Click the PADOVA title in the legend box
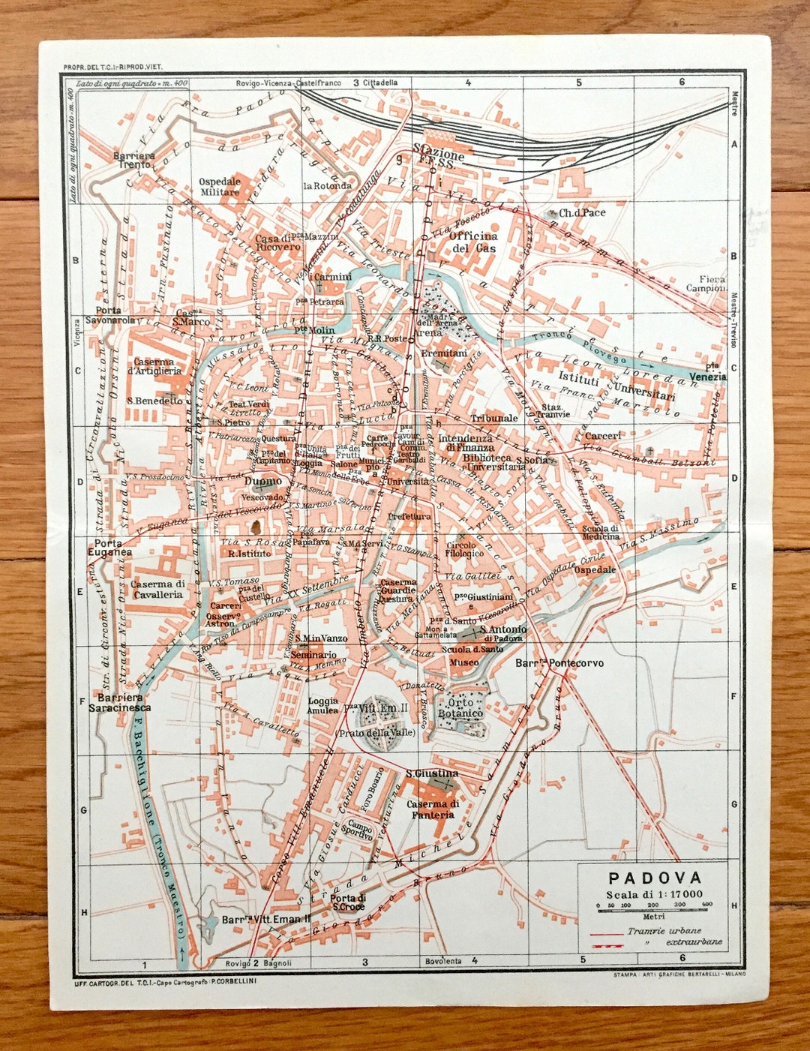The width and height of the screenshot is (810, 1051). pos(655,878)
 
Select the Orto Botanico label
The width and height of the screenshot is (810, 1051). pos(460,708)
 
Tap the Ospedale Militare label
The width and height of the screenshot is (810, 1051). pos(220,187)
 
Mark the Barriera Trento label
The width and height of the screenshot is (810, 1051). pos(134,160)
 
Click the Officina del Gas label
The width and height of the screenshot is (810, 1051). pos(473,242)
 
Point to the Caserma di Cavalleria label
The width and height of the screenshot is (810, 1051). pos(158,589)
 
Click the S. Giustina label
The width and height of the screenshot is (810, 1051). pos(432,773)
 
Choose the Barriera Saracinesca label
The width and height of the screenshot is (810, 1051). pos(119,702)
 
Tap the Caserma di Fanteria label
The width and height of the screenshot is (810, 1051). pos(433,809)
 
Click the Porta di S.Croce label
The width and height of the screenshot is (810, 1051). pos(349,902)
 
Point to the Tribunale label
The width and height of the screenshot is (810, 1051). pos(493,418)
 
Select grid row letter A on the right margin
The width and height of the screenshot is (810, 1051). pos(734,145)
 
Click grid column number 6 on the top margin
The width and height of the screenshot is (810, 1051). pos(682,83)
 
